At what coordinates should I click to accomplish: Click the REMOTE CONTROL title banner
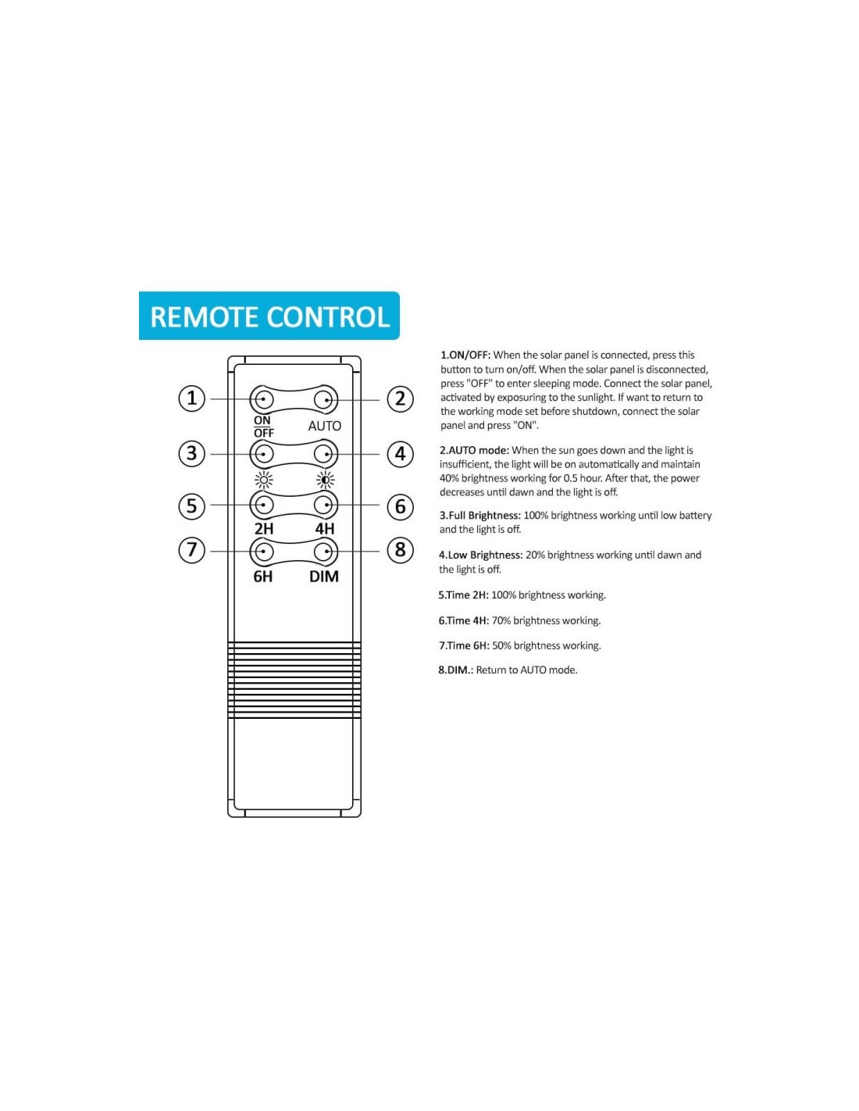click(x=269, y=316)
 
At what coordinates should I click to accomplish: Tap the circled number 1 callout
click(x=192, y=398)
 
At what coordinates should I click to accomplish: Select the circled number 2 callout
click(x=400, y=398)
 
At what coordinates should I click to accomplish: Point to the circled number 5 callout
click(x=192, y=505)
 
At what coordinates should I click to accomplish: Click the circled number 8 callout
click(x=400, y=550)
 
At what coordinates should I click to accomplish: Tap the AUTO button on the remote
click(x=325, y=400)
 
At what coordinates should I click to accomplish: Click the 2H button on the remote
click(x=262, y=505)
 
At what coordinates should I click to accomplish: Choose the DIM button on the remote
click(x=325, y=552)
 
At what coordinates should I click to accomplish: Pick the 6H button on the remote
click(x=262, y=552)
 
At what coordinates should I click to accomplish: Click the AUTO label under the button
click(x=325, y=426)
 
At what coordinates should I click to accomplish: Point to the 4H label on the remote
click(x=325, y=529)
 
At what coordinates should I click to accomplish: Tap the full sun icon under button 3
click(x=264, y=480)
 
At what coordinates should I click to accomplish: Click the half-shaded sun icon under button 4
click(x=325, y=480)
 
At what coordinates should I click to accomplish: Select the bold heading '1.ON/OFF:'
click(x=465, y=355)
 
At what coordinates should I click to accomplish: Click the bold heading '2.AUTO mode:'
click(x=474, y=450)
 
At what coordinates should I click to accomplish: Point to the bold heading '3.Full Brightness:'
click(x=479, y=516)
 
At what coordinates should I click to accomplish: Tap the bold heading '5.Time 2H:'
click(x=463, y=595)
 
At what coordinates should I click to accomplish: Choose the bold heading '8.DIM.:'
click(x=455, y=670)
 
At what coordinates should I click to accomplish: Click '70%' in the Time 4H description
click(x=501, y=621)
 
